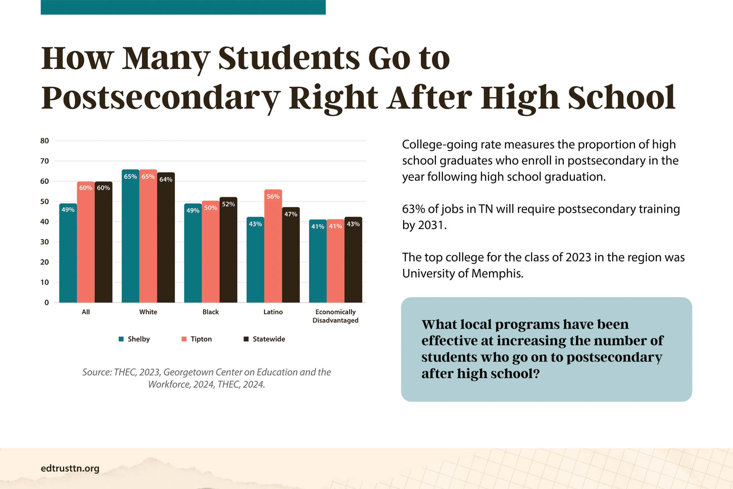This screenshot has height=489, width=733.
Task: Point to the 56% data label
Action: click(x=273, y=196)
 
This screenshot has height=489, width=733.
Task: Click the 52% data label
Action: click(x=228, y=204)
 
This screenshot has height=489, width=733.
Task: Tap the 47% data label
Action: click(x=291, y=214)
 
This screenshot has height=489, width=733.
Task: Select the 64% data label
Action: click(x=166, y=179)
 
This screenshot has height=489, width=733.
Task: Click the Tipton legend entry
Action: click(x=197, y=339)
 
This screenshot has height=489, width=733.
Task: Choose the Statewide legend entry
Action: click(x=265, y=339)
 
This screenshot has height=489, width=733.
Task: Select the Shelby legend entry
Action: click(x=134, y=339)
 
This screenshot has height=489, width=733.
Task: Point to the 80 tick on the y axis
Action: click(x=45, y=141)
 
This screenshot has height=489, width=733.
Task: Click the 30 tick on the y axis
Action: click(x=45, y=242)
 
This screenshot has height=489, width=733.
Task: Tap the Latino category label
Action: click(x=273, y=312)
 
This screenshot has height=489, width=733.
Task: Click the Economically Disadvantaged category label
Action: click(x=335, y=316)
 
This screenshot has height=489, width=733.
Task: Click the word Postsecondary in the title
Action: click(x=160, y=98)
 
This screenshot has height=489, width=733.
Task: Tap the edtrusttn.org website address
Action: click(x=70, y=468)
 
